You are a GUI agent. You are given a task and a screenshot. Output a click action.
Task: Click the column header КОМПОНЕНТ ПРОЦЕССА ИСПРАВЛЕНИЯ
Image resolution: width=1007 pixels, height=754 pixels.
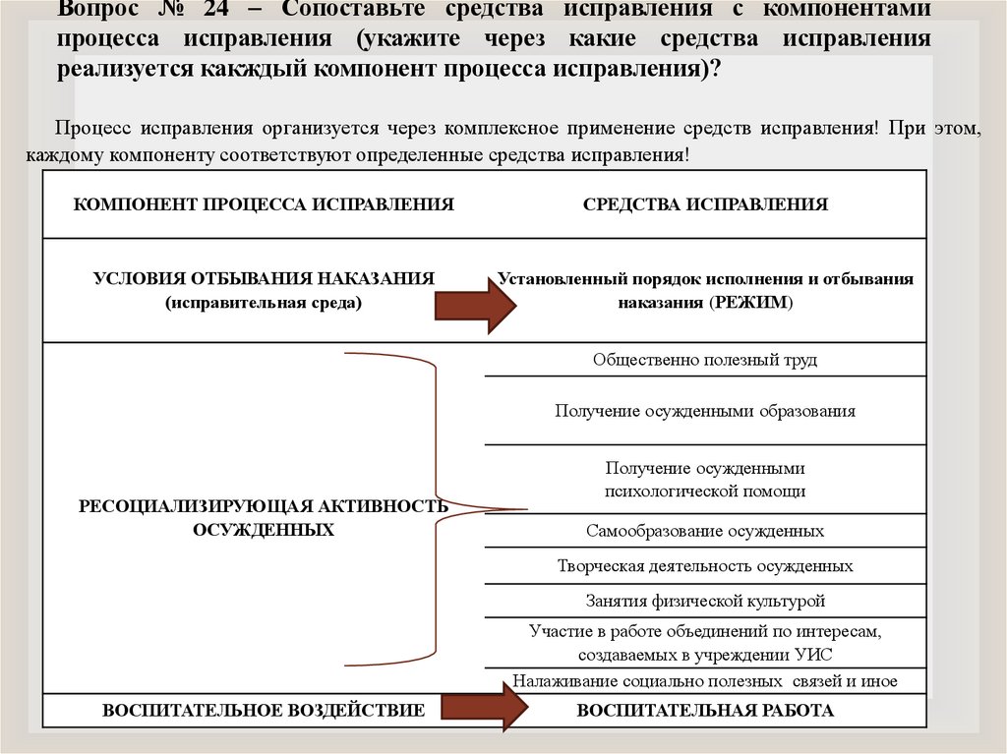click(264, 204)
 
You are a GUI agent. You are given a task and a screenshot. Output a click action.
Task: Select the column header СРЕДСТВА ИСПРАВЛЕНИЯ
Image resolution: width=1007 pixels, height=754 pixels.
click(705, 204)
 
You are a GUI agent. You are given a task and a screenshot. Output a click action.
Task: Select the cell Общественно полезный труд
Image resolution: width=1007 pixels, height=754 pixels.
click(705, 360)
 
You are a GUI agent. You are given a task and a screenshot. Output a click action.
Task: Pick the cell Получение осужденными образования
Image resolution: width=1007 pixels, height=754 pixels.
click(705, 411)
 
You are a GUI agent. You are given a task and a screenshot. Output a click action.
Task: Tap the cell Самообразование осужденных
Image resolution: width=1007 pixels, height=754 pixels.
click(705, 531)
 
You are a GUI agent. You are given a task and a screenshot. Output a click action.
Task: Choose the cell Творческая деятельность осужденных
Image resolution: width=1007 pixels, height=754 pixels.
click(705, 566)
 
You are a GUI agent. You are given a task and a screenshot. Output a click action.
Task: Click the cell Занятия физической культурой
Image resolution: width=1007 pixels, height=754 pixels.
click(705, 601)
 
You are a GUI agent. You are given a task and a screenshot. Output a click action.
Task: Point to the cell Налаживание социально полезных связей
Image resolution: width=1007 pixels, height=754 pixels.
click(705, 681)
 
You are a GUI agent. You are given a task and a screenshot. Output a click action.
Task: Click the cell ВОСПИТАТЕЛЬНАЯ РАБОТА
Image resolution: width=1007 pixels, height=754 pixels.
click(705, 710)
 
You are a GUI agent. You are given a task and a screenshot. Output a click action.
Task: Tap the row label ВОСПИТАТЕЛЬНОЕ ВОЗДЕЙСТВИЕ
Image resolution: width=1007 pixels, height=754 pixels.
click(264, 710)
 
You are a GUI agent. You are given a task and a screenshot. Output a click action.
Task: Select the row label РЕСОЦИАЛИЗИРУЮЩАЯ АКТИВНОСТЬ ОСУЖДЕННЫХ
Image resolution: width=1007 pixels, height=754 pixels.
click(264, 517)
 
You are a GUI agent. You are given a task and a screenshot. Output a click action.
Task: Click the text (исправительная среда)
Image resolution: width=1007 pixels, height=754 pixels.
click(264, 303)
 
